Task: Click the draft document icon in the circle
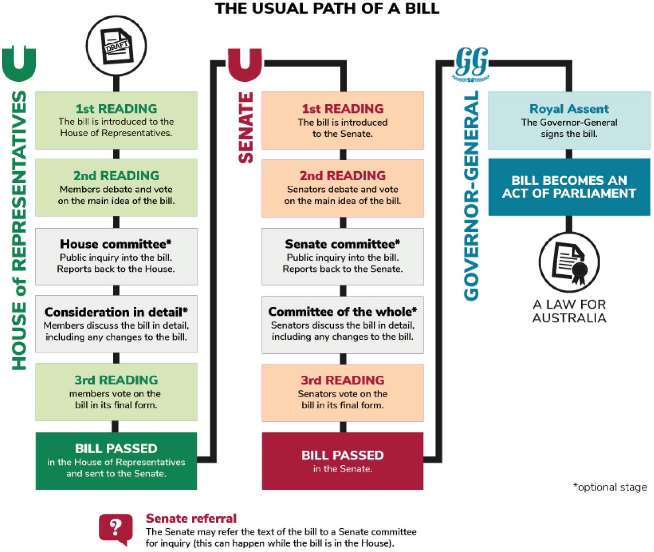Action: coord(116,46)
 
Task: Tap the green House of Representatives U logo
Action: coord(19,64)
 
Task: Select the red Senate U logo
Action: coord(245,64)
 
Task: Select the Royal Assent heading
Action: coord(569,109)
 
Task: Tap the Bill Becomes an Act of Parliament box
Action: coord(569,187)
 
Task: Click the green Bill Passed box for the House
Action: coord(116,461)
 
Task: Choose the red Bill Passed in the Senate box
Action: coord(343,461)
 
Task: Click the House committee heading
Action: coord(116,244)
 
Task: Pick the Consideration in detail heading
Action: coord(116,312)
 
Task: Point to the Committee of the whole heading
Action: coord(343,312)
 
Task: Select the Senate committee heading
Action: coord(343,244)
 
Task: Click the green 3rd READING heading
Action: coord(116,380)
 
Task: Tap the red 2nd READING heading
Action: coord(343,176)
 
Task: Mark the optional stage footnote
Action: coord(610,487)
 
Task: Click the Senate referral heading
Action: coord(191,518)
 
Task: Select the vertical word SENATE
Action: coord(246,128)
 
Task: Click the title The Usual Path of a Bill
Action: coord(327,9)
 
